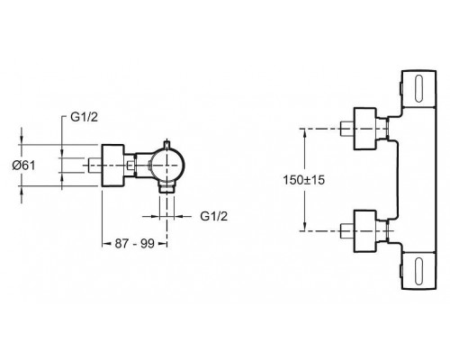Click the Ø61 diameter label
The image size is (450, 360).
(23, 166)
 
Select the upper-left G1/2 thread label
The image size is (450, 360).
(85, 117)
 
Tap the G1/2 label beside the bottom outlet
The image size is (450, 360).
(214, 216)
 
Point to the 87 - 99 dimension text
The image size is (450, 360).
(135, 244)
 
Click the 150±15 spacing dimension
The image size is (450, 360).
(304, 180)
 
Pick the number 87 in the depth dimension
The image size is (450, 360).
(121, 244)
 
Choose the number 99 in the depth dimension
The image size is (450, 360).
(148, 244)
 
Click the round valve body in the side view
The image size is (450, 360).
(167, 166)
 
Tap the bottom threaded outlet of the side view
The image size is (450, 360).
(166, 189)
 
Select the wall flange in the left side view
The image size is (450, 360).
(112, 166)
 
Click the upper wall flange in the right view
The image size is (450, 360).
(364, 129)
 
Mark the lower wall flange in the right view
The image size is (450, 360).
(364, 231)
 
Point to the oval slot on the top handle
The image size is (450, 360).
(418, 89)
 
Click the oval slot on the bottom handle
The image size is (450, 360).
(418, 271)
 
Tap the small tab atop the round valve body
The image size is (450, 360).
(167, 144)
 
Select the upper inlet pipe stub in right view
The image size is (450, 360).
(347, 129)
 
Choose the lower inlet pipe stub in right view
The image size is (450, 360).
(347, 231)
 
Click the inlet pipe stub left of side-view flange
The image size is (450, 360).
(95, 166)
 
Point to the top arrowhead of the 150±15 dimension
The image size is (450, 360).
(305, 133)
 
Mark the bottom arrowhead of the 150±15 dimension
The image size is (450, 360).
(305, 226)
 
